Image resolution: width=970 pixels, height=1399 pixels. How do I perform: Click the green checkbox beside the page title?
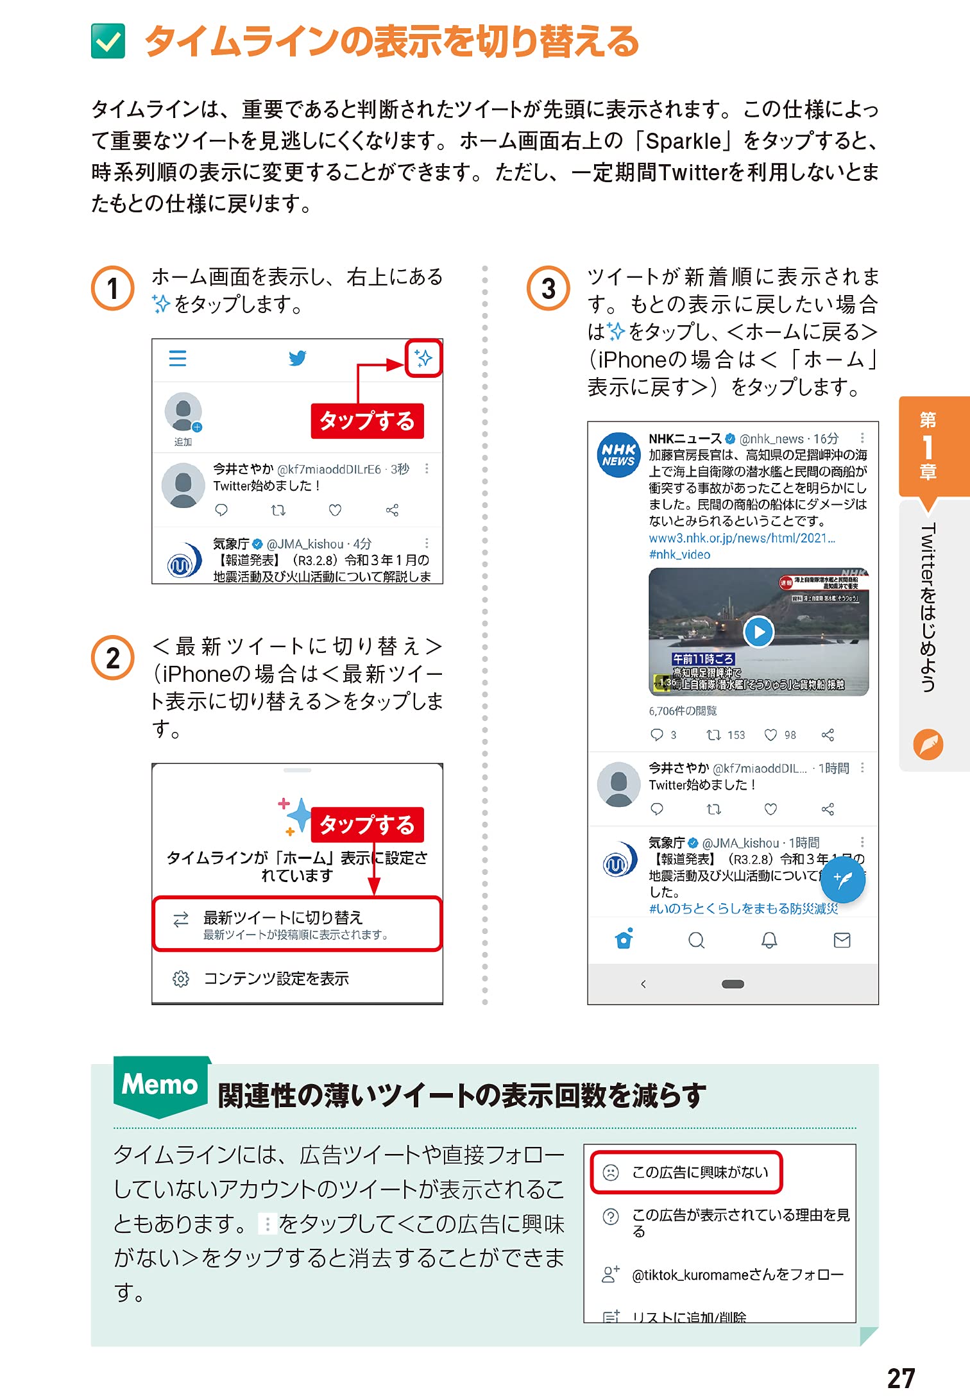pos(108,42)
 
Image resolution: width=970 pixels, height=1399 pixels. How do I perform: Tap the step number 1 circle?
pos(113,289)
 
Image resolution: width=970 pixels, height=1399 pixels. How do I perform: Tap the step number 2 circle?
pos(113,658)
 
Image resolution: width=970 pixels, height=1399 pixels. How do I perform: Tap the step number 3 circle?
pos(549,289)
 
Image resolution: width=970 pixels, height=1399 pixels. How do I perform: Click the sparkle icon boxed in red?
pos(423,358)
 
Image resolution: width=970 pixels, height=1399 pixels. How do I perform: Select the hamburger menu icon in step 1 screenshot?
pos(178,358)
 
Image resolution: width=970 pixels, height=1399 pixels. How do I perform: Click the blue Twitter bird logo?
pos(297,358)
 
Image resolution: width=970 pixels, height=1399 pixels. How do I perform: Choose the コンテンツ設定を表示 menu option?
pos(276,979)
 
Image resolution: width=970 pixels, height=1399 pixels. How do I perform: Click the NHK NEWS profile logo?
pos(618,455)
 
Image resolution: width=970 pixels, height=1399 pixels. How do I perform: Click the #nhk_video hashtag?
pos(679,555)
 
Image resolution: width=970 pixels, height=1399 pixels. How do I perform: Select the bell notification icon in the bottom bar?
pos(769,940)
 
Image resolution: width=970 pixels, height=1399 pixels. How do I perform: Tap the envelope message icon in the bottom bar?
pos(842,940)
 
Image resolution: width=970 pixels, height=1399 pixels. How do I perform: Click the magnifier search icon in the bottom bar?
pos(696,940)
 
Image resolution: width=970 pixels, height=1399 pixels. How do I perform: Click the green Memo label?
pos(160,1085)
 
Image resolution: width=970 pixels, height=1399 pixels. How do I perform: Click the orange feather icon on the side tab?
pos(928,745)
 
